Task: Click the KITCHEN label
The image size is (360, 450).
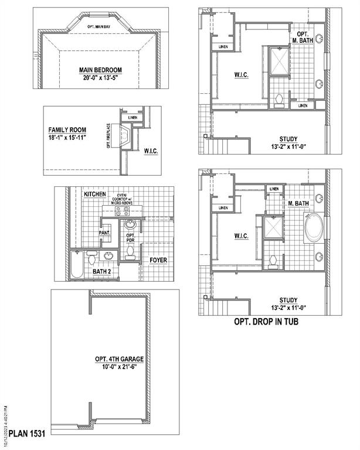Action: pos(94,193)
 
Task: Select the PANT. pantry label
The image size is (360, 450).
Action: pos(104,233)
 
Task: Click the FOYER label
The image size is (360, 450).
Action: pos(158,260)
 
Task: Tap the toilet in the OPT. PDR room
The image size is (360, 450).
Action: pos(130,252)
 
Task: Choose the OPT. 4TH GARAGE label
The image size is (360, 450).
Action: pos(120,359)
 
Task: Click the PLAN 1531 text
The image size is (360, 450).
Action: pos(26,434)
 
